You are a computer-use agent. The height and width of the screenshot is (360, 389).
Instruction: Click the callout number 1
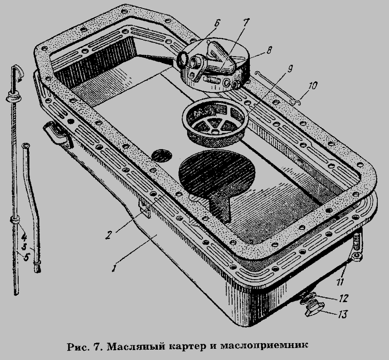[x=113, y=268]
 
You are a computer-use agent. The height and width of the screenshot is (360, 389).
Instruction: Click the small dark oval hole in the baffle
[x=161, y=154]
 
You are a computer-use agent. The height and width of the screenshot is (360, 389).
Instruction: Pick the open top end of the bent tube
[x=26, y=146]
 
